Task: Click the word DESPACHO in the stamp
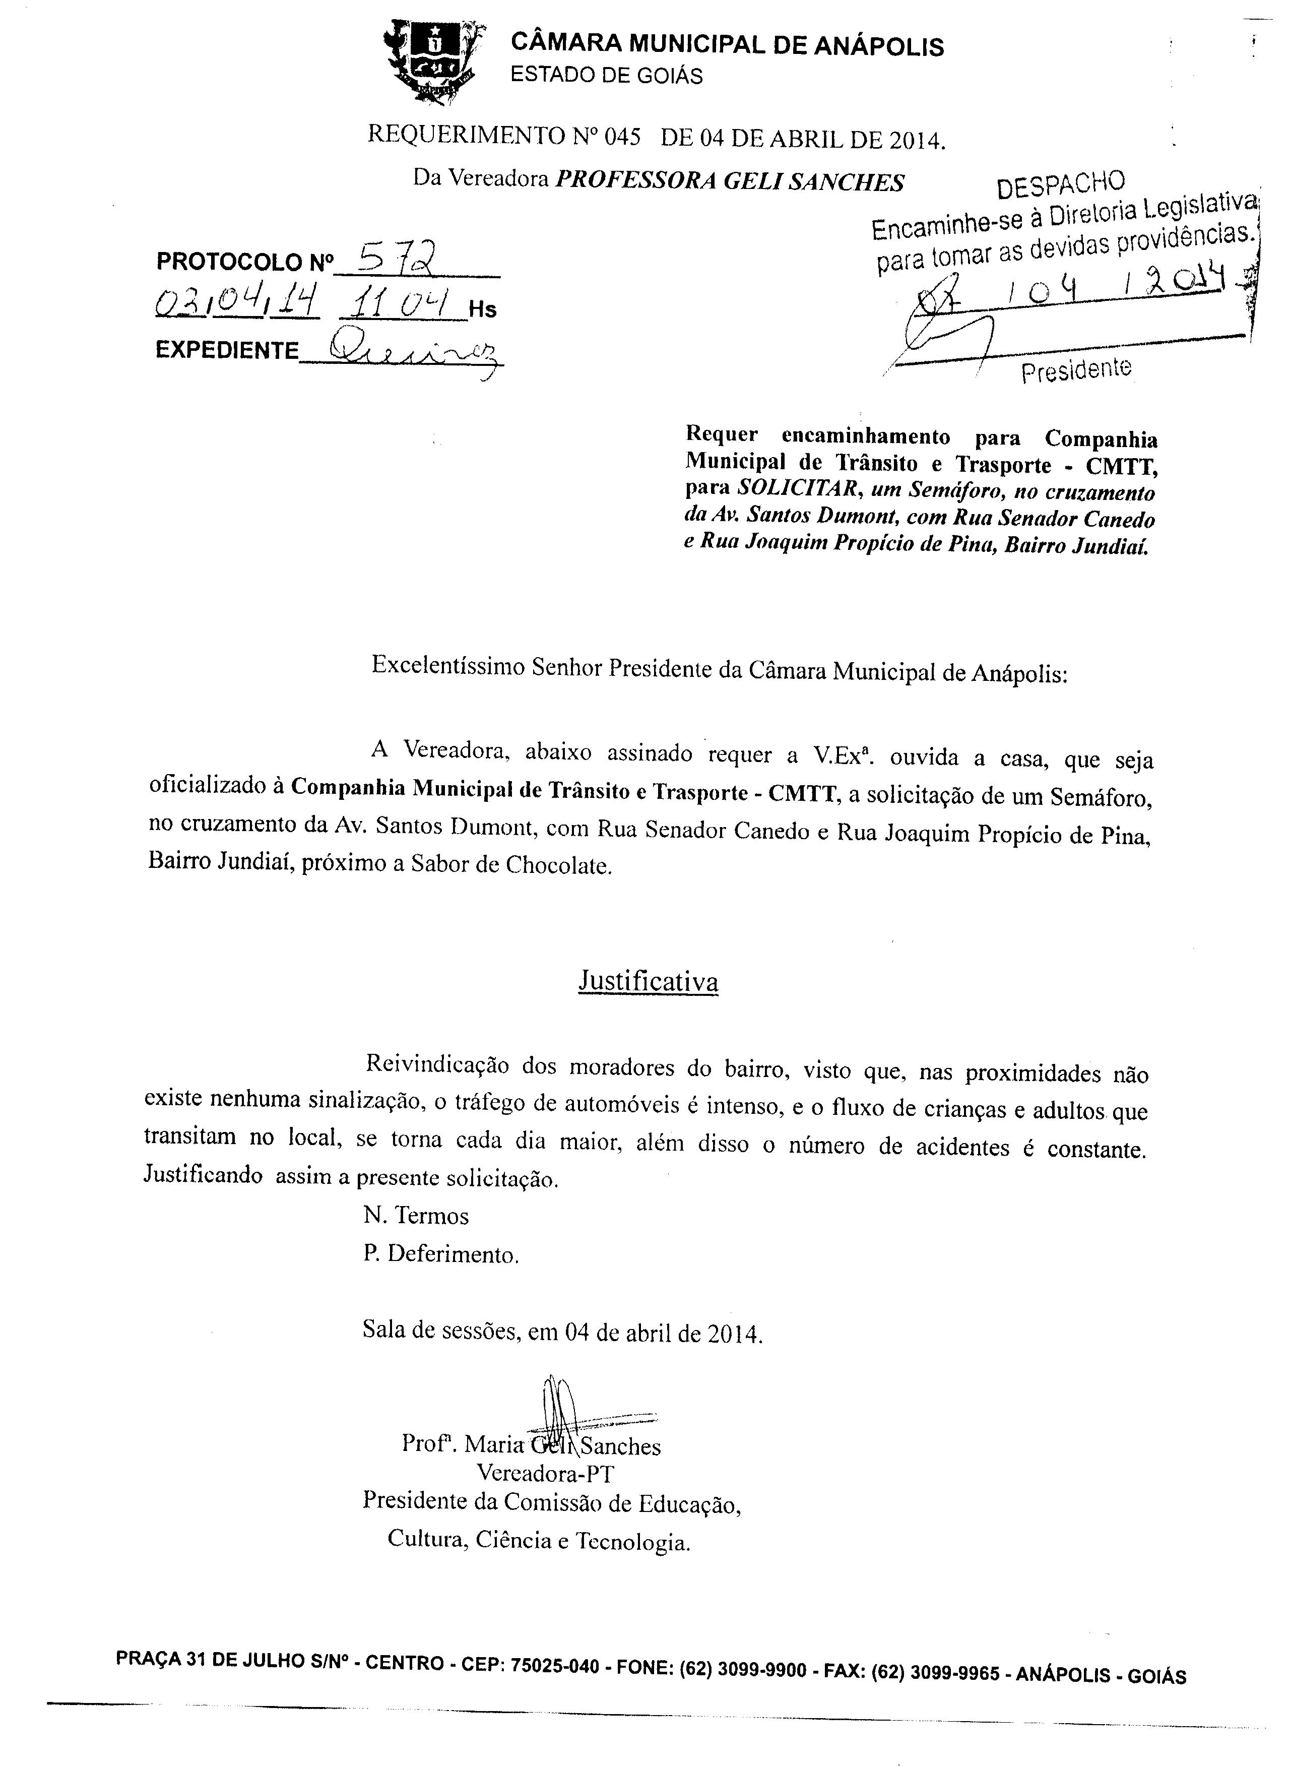(1061, 184)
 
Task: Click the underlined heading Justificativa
(648, 981)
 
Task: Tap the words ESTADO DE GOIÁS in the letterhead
(606, 76)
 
